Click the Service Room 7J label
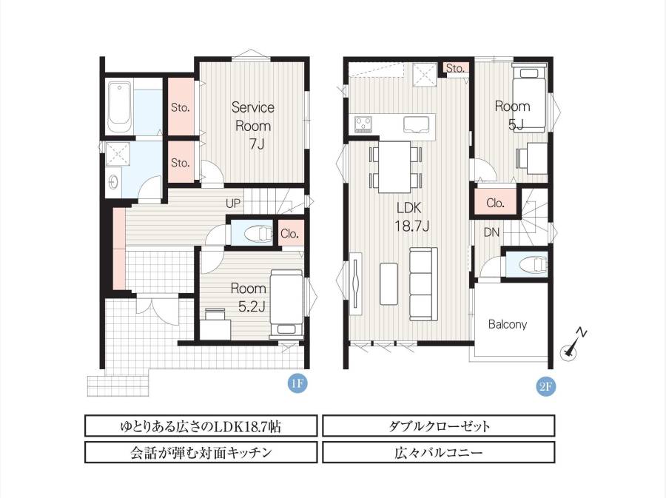(x=253, y=126)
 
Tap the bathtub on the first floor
(x=118, y=107)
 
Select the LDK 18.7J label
(x=411, y=217)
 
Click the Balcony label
(x=508, y=324)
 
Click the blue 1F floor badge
(x=297, y=383)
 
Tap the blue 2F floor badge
(x=545, y=386)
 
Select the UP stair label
(x=233, y=203)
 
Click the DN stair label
(x=491, y=232)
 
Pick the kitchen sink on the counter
(x=416, y=124)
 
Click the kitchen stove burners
(x=363, y=124)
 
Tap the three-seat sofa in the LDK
(x=423, y=284)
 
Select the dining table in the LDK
(x=394, y=166)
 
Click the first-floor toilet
(x=258, y=233)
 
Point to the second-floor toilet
(x=532, y=264)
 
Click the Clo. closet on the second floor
(x=495, y=203)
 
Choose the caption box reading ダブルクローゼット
(x=439, y=425)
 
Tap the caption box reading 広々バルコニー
(x=439, y=452)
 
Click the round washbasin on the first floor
(x=113, y=182)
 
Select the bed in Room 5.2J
(x=286, y=304)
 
